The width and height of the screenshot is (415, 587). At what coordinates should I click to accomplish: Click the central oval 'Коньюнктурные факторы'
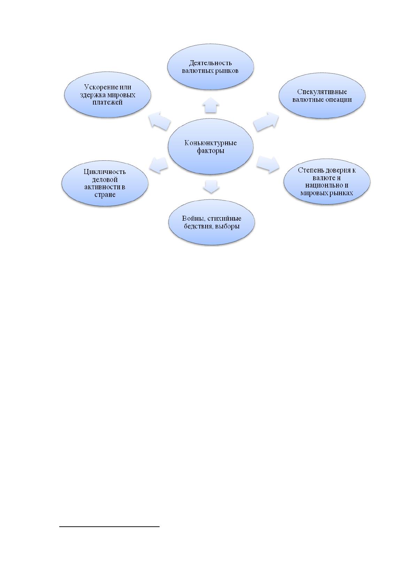click(210, 146)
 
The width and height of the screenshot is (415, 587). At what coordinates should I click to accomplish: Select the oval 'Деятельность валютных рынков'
click(210, 67)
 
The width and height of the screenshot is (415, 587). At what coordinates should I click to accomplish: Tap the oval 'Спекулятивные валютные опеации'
click(322, 96)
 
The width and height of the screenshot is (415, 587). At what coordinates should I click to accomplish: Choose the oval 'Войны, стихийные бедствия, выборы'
click(212, 222)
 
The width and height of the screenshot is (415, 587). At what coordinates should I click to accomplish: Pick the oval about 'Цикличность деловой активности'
click(105, 183)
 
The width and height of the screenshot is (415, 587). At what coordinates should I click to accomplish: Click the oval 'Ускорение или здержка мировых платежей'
click(107, 94)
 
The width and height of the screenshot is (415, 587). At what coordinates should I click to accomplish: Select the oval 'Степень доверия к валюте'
click(327, 182)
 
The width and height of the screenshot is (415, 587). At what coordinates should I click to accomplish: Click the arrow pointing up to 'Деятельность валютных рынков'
click(211, 105)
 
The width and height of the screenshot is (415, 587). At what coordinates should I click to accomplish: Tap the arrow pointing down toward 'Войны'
click(211, 187)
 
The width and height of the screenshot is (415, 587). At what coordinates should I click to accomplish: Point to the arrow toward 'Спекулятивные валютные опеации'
click(266, 122)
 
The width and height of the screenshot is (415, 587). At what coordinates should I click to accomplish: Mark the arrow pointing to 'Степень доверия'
click(268, 164)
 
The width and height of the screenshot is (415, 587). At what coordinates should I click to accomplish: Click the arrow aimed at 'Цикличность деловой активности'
click(159, 165)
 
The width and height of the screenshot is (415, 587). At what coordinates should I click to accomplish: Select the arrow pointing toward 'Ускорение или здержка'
click(160, 121)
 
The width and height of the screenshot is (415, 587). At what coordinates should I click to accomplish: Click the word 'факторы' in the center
click(210, 151)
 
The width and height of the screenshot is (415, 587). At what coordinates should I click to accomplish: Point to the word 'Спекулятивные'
click(322, 92)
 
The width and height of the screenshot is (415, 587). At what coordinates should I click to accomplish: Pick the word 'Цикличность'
click(105, 171)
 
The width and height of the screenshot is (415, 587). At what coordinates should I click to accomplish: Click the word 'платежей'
click(107, 102)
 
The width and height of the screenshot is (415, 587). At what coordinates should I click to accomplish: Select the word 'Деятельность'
click(210, 63)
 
